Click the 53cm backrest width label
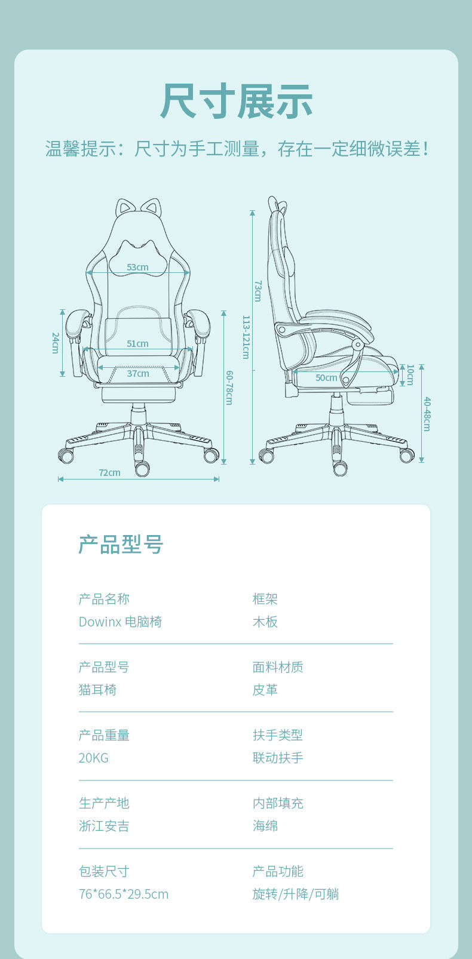click(137, 267)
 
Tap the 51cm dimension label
click(137, 344)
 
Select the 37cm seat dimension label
click(138, 373)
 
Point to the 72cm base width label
click(110, 473)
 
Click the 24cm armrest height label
click(55, 343)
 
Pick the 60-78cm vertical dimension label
click(229, 388)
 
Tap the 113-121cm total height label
click(246, 337)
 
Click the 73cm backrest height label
click(258, 291)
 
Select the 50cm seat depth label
click(326, 377)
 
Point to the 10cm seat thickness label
click(410, 375)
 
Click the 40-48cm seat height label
click(427, 414)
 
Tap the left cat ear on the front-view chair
click(124, 208)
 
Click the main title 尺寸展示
click(237, 102)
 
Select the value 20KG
click(93, 758)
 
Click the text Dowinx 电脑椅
click(120, 622)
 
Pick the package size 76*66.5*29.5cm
click(124, 894)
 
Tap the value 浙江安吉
click(104, 826)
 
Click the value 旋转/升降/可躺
click(296, 894)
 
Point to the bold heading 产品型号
click(121, 545)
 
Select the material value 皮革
click(265, 690)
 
